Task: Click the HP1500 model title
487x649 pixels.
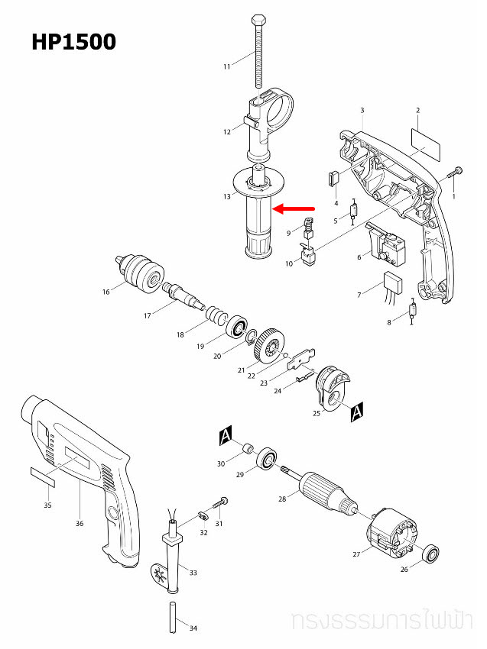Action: pyautogui.click(x=73, y=41)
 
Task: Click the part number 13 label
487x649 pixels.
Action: pyautogui.click(x=227, y=197)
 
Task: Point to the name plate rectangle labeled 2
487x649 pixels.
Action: pyautogui.click(x=426, y=140)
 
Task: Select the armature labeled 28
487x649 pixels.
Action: pyautogui.click(x=326, y=487)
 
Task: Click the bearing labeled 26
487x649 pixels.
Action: pyautogui.click(x=432, y=552)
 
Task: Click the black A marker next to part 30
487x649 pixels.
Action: pyautogui.click(x=226, y=436)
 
